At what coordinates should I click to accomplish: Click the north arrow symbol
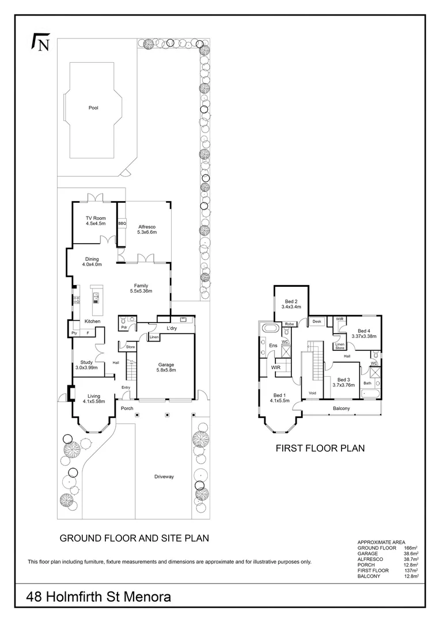point(40,43)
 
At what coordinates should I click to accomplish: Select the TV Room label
point(96,218)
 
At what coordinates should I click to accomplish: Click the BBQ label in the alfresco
point(122,223)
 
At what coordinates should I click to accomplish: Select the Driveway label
point(164,477)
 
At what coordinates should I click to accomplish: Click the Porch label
point(127,408)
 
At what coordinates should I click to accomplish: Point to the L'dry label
point(171,328)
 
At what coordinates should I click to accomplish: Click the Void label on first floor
point(312,393)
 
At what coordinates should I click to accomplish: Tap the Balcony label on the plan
point(341,408)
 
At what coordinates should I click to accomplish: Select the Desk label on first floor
point(316,321)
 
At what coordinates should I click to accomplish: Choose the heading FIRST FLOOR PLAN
point(320,447)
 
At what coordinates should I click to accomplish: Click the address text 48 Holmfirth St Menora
point(99,597)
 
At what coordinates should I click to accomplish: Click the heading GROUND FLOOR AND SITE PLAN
point(134,538)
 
